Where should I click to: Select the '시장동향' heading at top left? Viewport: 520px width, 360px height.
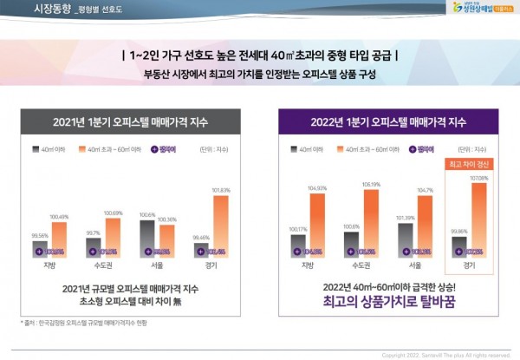point(53,9)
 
